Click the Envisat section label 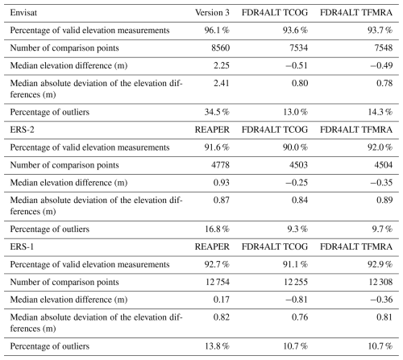point(23,13)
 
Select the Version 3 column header point(212,13)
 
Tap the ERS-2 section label point(22,130)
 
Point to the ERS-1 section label point(22,246)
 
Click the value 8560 point(221,48)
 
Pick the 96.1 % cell point(217,31)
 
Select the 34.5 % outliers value point(217,112)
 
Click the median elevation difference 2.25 point(222,65)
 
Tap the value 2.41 point(222,83)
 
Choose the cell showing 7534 point(298,48)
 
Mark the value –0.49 point(381,65)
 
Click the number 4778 point(221,165)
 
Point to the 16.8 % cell point(217,229)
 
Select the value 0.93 point(222,183)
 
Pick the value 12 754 point(218,282)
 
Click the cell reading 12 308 point(380,282)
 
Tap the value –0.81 point(297,300)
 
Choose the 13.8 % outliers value point(217,346)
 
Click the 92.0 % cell point(380,147)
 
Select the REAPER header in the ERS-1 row point(212,246)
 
